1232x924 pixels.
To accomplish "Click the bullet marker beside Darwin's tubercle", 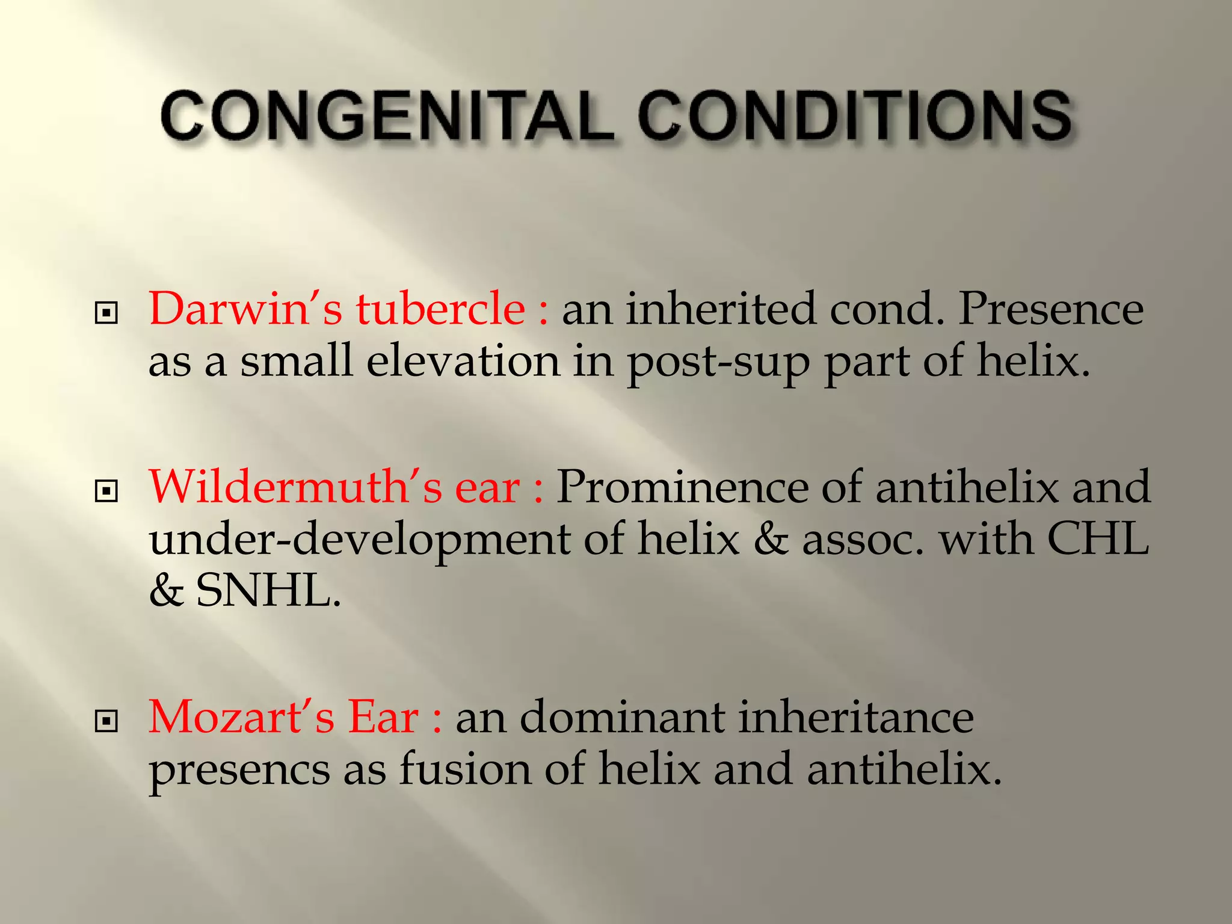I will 106,313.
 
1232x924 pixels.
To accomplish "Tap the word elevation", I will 463,362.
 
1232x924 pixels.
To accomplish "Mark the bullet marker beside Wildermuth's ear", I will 106,491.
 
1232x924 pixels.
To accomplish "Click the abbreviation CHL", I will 1098,538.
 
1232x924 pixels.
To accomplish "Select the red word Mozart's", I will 241,718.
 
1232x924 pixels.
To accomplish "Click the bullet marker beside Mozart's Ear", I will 106,721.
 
